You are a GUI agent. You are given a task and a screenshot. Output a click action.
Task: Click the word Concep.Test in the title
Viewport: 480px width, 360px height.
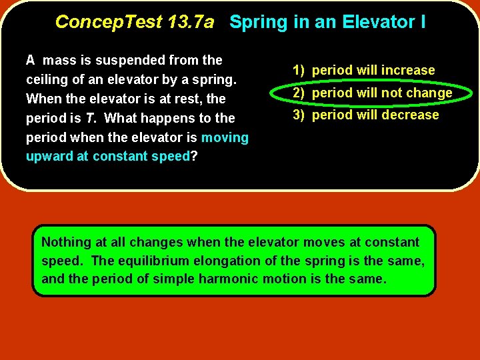pyautogui.click(x=108, y=22)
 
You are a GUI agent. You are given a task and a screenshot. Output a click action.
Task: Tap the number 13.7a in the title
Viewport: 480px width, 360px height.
pyautogui.click(x=191, y=22)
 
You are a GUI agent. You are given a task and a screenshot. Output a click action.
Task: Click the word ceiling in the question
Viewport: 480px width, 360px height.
pyautogui.click(x=45, y=80)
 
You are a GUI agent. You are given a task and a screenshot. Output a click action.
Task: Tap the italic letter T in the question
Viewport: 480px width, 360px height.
pyautogui.click(x=87, y=119)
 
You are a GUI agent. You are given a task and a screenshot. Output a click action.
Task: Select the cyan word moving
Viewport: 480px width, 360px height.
pyautogui.click(x=225, y=138)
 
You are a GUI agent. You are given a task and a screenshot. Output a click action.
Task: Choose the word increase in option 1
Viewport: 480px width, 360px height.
pyautogui.click(x=407, y=70)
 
